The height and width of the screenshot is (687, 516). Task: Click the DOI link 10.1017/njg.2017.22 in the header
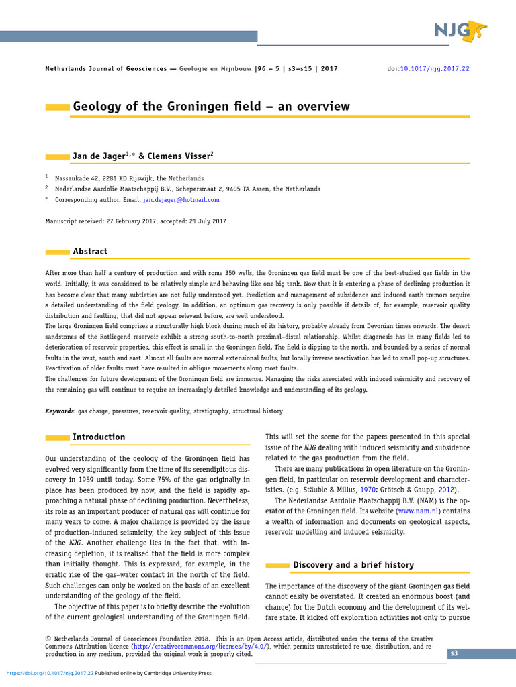point(435,69)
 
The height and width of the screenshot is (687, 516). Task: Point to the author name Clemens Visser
point(183,156)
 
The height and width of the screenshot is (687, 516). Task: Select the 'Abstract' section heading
point(90,252)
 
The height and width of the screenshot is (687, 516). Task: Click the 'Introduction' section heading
point(99,437)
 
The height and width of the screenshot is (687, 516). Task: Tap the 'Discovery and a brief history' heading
point(353,565)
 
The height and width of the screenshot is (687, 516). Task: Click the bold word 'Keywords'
point(59,411)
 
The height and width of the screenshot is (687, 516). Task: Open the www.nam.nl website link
point(419,511)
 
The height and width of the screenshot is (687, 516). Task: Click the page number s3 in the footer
point(454,653)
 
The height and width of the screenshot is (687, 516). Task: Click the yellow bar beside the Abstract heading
point(57,252)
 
